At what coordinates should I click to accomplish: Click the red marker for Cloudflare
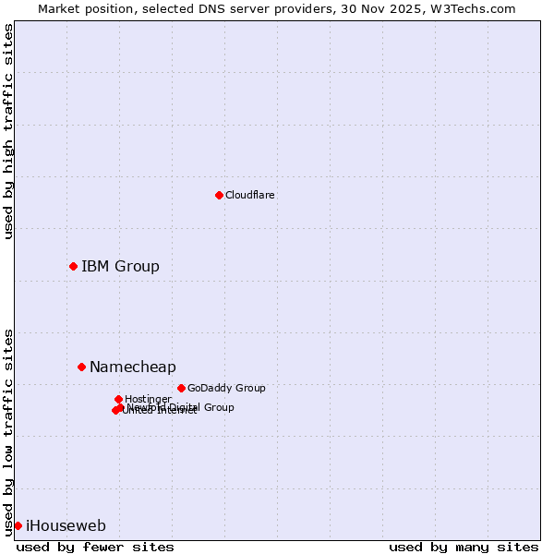click(219, 195)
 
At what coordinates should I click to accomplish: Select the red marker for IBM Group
click(73, 266)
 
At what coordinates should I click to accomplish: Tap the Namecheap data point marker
click(81, 367)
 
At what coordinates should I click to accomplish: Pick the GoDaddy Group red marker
click(181, 388)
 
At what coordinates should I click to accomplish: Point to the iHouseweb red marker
click(18, 525)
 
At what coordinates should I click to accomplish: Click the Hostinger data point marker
click(118, 399)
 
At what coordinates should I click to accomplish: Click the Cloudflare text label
click(250, 195)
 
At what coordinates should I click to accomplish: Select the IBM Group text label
click(120, 266)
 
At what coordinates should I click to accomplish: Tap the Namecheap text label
click(132, 367)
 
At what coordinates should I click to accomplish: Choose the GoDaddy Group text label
click(226, 388)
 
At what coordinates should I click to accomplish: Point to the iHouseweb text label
click(66, 525)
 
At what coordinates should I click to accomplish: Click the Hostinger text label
click(148, 399)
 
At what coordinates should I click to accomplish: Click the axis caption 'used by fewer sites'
click(95, 547)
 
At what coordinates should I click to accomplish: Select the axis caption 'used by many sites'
click(464, 547)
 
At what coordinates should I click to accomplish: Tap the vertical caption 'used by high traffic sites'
click(8, 131)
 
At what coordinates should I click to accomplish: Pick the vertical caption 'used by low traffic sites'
click(8, 432)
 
